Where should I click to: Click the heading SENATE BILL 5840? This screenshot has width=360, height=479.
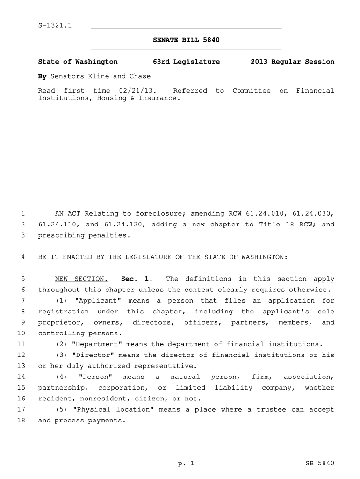pyautogui.click(x=186, y=40)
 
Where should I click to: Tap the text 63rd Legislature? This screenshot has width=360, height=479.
pyautogui.click(x=186, y=62)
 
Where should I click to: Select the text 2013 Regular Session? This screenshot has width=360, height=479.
pyautogui.click(x=292, y=62)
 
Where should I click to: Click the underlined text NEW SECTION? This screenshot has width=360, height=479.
pyautogui.click(x=82, y=279)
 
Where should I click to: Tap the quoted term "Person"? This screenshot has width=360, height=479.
pyautogui.click(x=96, y=377)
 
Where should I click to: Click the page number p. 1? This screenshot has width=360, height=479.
pyautogui.click(x=186, y=464)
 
